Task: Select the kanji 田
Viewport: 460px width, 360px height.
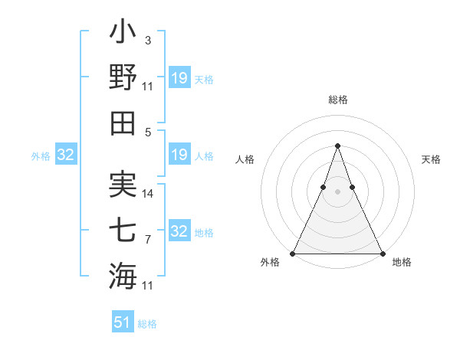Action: [x=123, y=123]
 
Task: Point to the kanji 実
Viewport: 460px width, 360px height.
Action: [x=123, y=184]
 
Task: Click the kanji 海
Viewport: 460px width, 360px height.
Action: [x=123, y=275]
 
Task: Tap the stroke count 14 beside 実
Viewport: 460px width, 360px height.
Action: [x=148, y=194]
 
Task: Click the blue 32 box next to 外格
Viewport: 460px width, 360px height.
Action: [x=65, y=155]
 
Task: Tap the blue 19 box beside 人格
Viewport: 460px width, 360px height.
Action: [x=179, y=155]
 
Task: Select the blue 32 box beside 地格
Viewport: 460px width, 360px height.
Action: [x=179, y=231]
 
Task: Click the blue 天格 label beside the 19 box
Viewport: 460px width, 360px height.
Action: [x=204, y=79]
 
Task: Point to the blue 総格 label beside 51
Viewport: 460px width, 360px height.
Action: [x=147, y=324]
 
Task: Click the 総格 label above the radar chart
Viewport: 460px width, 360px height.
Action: [x=337, y=100]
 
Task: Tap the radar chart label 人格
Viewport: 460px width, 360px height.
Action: [x=245, y=159]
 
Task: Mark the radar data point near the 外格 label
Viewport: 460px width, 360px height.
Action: [x=293, y=254]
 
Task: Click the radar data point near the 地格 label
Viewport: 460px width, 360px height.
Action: [x=382, y=254]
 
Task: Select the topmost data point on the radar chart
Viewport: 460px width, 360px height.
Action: [x=337, y=146]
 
